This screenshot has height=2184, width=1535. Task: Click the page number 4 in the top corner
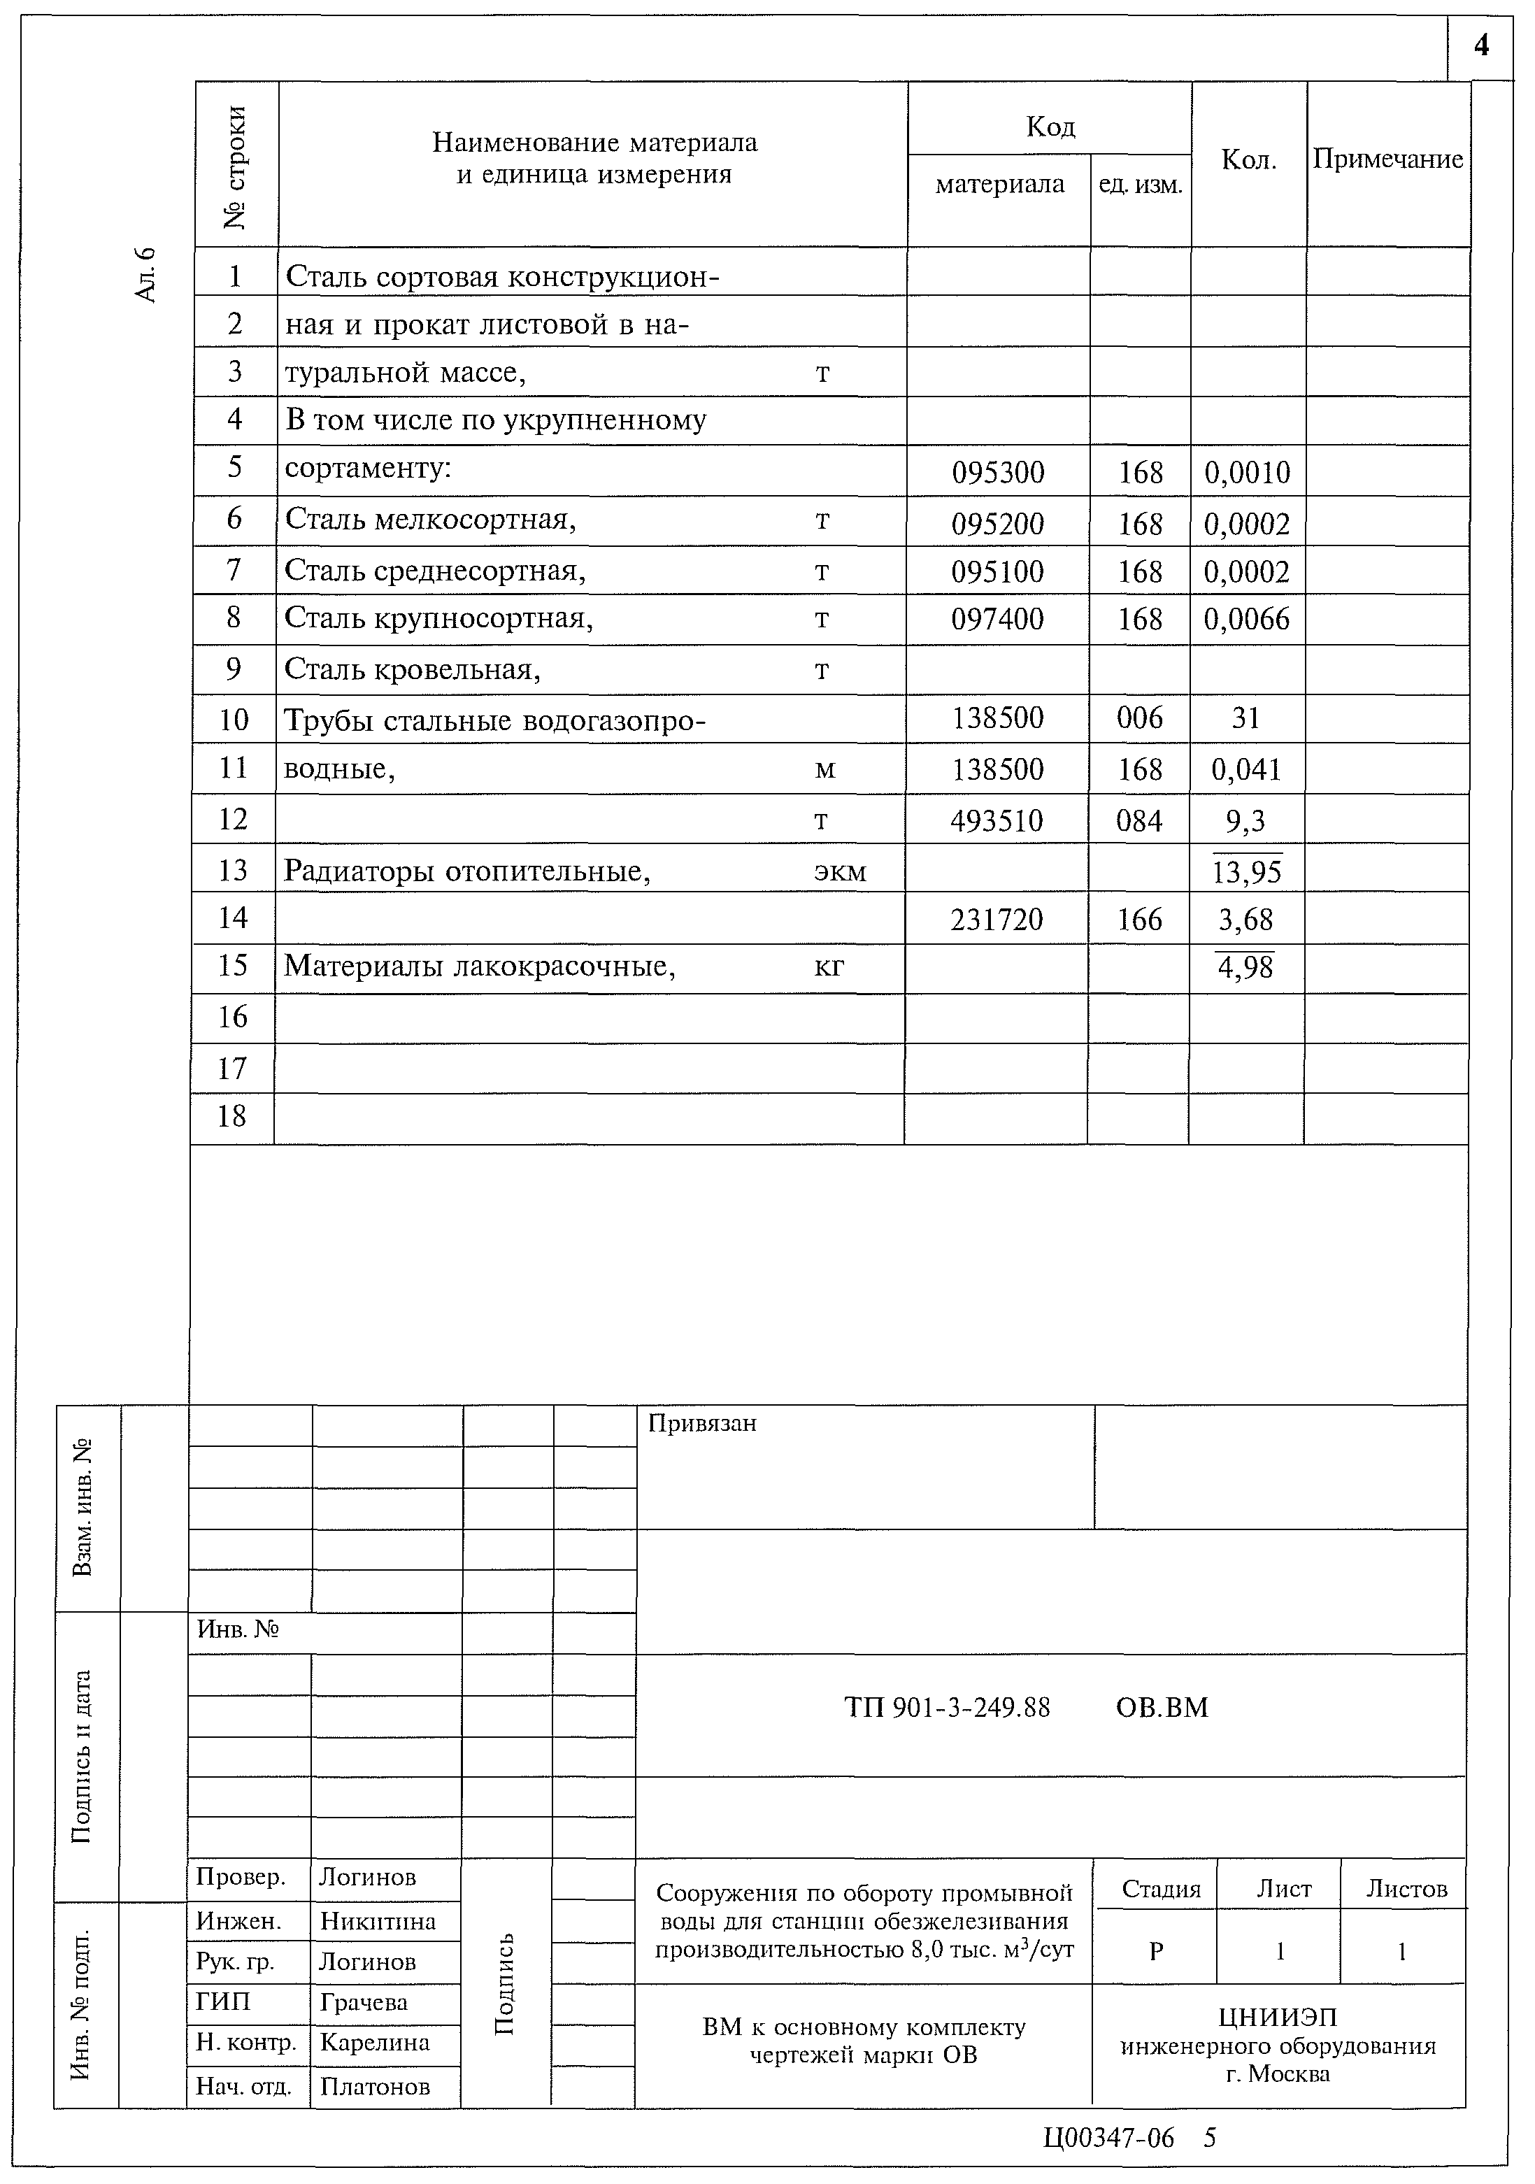point(1480,45)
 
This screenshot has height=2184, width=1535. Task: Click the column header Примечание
point(1387,160)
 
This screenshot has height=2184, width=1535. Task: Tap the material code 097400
point(998,619)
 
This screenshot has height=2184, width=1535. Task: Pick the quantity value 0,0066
point(1247,619)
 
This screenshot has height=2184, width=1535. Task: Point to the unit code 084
point(1139,820)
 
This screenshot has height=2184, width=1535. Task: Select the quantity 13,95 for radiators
point(1247,871)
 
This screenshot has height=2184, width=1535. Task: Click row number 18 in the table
point(232,1116)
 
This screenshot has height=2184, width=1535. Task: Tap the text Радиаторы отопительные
point(467,871)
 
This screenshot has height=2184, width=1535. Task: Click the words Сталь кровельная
point(413,670)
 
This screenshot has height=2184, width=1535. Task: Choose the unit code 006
point(1139,718)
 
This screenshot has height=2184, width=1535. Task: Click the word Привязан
point(702,1424)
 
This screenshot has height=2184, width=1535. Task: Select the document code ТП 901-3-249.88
point(948,1708)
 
